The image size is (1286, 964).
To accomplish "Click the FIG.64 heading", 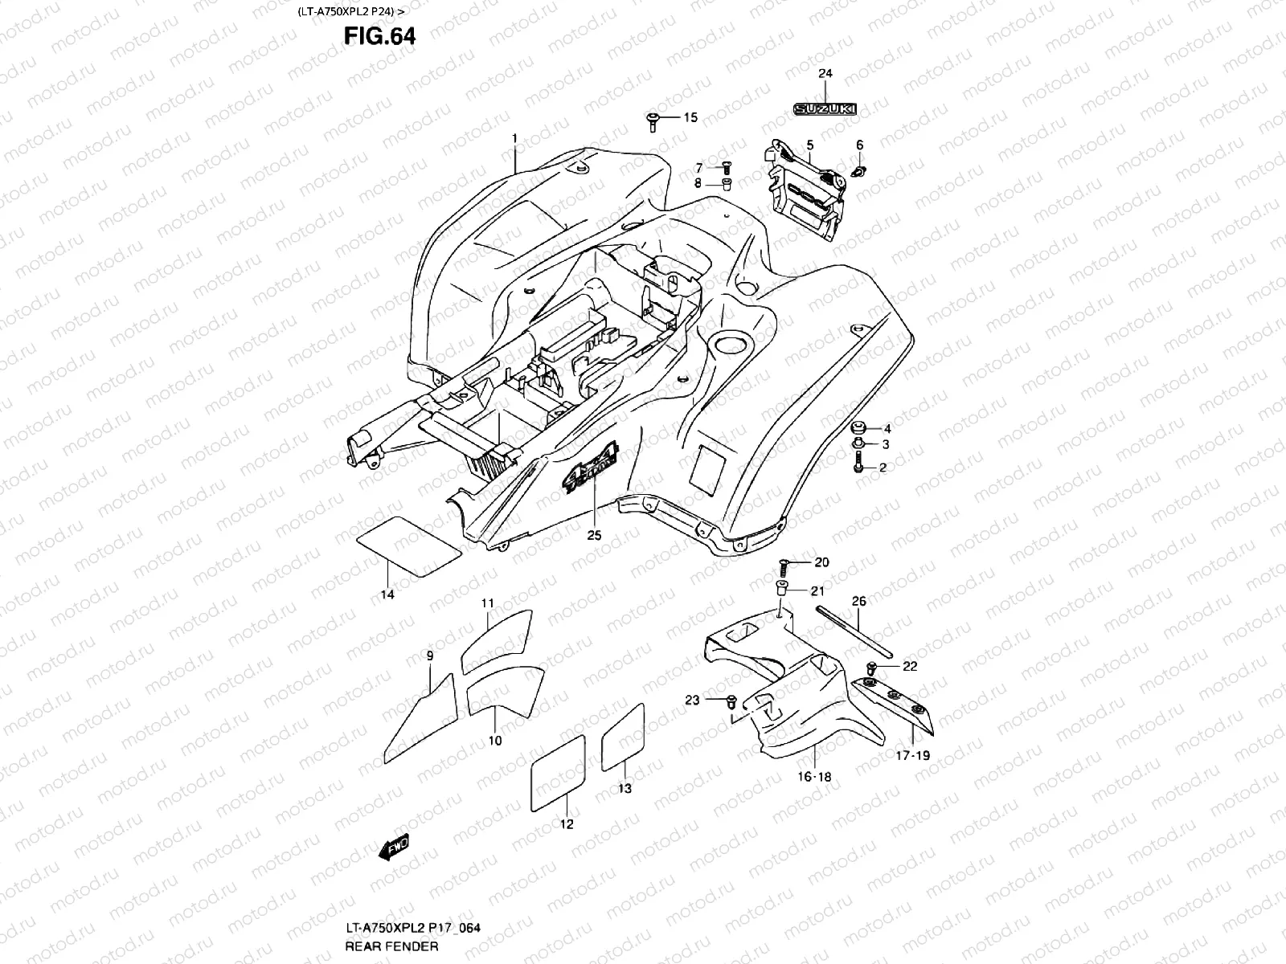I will coord(380,36).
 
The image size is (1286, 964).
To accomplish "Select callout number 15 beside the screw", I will coord(690,118).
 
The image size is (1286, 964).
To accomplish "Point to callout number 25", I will coord(594,536).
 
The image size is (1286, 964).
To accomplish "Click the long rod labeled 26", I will coord(854,635).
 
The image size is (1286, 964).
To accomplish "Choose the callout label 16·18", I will coord(814,777).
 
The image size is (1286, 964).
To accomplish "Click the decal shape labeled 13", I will coord(623,736).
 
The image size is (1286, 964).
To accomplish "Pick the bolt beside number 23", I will coord(730,701).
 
